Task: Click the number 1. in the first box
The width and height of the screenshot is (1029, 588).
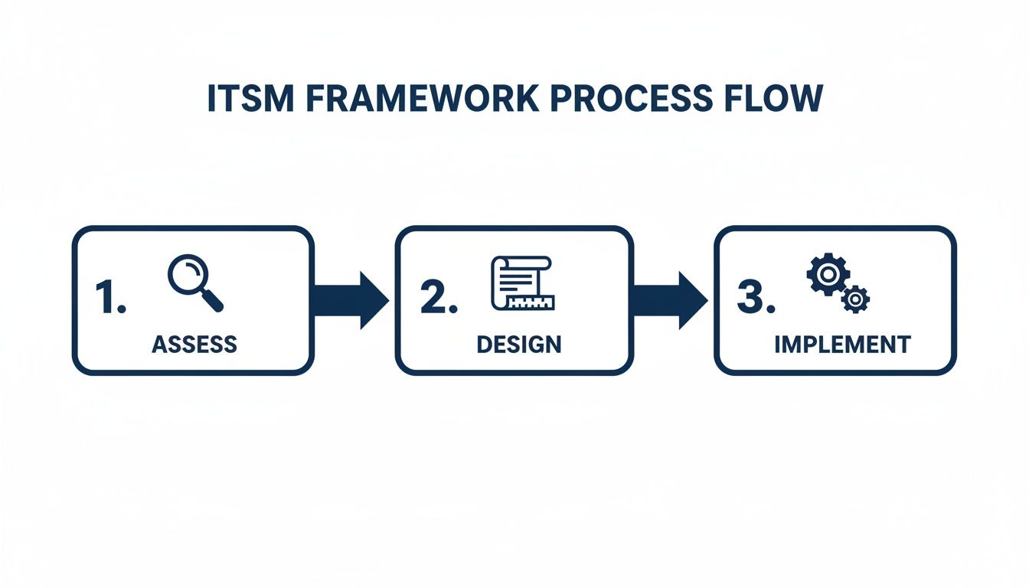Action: pyautogui.click(x=110, y=297)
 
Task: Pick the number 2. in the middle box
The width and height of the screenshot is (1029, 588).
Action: pyautogui.click(x=439, y=297)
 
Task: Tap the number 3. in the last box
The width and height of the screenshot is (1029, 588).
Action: pyautogui.click(x=756, y=297)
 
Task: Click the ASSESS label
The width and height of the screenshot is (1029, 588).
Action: pyautogui.click(x=194, y=345)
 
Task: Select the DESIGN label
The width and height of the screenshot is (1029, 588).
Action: pyautogui.click(x=518, y=345)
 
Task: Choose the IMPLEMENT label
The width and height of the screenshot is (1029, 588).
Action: pyautogui.click(x=842, y=345)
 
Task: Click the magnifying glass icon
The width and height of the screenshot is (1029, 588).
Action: pyautogui.click(x=194, y=283)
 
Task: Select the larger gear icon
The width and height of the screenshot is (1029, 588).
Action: pyautogui.click(x=827, y=276)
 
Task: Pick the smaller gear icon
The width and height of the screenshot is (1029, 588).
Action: pyautogui.click(x=855, y=298)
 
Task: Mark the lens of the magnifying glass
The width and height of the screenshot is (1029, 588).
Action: pyautogui.click(x=186, y=274)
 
